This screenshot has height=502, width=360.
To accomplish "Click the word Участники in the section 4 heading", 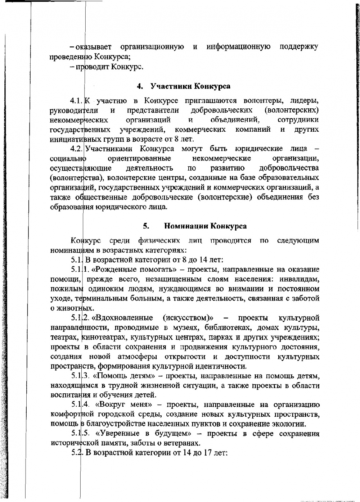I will point(171,86).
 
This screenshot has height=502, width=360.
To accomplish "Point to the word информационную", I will point(238,47).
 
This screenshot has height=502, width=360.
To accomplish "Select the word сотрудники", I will point(298,119).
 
